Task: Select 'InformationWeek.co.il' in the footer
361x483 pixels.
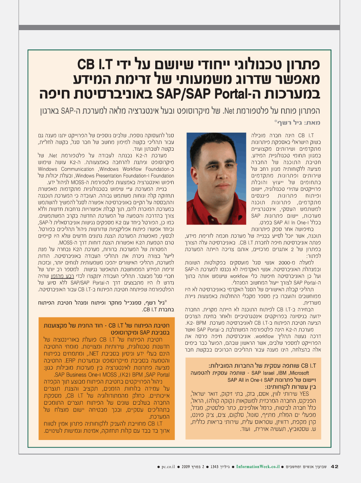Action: click(258, 467)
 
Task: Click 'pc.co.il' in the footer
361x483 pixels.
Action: click(168, 467)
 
